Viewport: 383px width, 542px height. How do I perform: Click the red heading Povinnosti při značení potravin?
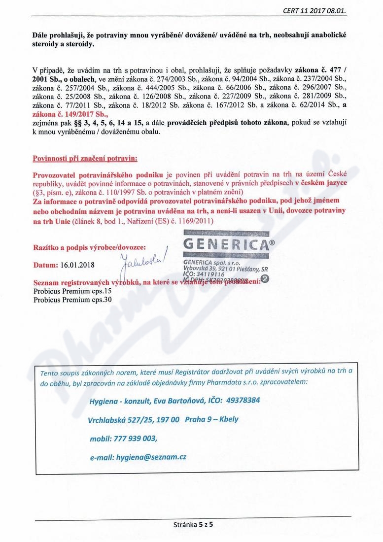point(85,159)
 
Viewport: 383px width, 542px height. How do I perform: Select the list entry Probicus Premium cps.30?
point(72,300)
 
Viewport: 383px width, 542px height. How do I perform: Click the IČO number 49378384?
point(243,400)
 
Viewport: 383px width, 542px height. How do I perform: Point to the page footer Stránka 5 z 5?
point(192,524)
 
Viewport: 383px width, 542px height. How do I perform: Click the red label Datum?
point(45,265)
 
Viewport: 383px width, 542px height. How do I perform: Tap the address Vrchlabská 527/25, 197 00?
point(133,419)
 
